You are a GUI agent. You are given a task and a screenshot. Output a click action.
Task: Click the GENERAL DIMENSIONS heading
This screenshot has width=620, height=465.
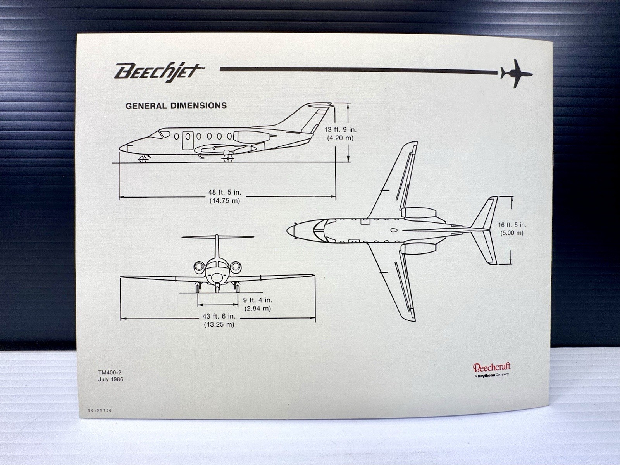[x=176, y=106]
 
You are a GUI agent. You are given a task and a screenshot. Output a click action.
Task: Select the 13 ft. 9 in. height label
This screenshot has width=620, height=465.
[x=340, y=130]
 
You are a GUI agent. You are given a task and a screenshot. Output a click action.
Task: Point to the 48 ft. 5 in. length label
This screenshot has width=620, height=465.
[x=225, y=192]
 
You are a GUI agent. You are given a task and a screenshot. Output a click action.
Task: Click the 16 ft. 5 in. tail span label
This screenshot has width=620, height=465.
[x=512, y=225]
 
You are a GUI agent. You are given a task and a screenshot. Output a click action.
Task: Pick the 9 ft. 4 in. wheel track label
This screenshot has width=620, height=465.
[x=257, y=300]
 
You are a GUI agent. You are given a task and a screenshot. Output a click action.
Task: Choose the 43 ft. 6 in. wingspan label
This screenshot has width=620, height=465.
[x=219, y=316]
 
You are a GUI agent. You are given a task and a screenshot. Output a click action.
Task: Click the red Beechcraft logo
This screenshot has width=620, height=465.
[x=491, y=367]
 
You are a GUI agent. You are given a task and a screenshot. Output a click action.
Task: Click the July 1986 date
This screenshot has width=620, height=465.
[x=110, y=379]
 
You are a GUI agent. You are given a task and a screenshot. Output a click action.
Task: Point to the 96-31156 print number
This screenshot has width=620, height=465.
[x=100, y=410]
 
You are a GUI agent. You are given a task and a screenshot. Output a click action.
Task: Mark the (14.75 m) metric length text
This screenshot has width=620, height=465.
[x=225, y=201]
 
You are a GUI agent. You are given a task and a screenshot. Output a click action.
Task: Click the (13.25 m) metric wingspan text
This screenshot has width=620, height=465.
[x=219, y=325]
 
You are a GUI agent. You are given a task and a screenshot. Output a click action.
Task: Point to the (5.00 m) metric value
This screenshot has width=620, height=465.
[x=512, y=233]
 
